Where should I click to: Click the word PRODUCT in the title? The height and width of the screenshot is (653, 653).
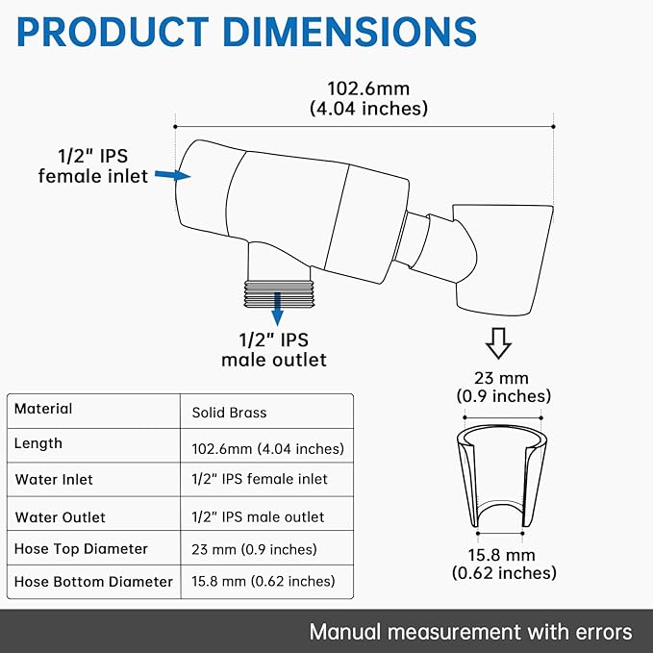pos(113,32)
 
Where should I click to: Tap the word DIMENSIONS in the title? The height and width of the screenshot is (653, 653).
pos(350,32)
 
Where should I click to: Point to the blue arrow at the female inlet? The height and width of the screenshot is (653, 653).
pos(172,175)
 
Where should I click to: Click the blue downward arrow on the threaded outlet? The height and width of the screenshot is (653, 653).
pos(277,309)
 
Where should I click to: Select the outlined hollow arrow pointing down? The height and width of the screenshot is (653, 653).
pos(498,343)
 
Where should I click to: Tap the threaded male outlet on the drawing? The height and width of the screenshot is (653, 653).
pos(278,294)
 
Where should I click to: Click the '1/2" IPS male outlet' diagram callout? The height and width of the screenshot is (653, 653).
pos(274,350)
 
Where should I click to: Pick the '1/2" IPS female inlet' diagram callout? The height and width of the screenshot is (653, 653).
pos(93,166)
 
